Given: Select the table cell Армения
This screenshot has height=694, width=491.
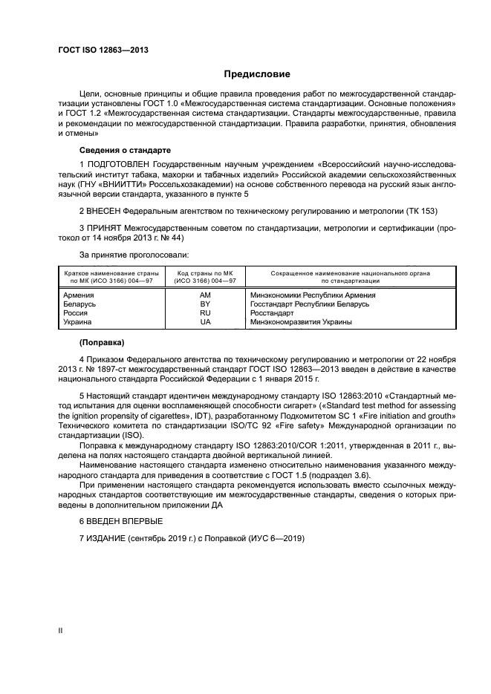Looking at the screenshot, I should coord(79,295).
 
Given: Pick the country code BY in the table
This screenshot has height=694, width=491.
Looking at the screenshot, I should coord(206,304).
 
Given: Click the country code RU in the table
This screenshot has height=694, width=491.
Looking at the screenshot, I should coord(206,313).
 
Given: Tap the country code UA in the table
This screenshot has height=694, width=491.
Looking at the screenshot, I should coord(206,322).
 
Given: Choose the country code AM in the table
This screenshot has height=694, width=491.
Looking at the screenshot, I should coord(206,295).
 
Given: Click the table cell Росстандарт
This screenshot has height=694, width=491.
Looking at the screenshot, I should coord(277,313).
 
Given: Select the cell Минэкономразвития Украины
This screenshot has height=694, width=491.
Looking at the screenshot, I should coord(302,322).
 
